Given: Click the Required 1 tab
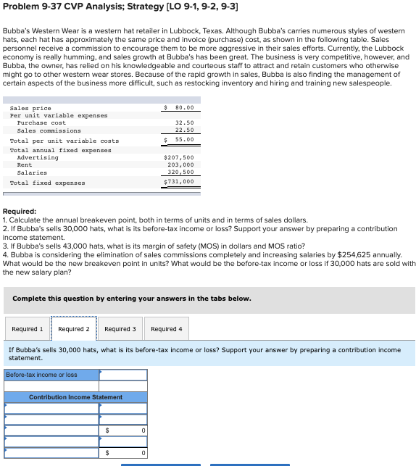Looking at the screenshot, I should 28,329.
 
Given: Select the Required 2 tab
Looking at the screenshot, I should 74,329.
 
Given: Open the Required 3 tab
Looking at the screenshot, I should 120,329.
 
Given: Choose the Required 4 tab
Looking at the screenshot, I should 167,329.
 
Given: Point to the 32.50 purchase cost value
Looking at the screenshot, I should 184,122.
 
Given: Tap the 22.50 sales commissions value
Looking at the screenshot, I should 184,130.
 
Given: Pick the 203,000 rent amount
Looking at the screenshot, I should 180,165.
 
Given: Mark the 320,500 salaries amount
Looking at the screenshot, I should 180,172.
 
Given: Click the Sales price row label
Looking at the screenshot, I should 30,108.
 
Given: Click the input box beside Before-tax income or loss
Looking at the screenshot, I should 123,375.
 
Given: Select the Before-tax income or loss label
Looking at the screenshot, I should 42,375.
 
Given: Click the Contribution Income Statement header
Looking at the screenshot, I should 75,397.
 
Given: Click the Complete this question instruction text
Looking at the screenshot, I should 131,299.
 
